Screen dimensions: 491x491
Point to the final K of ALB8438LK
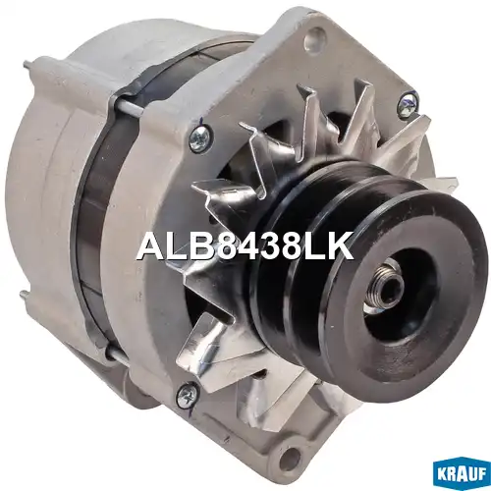(341, 245)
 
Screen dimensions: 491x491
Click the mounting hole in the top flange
(313, 37)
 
